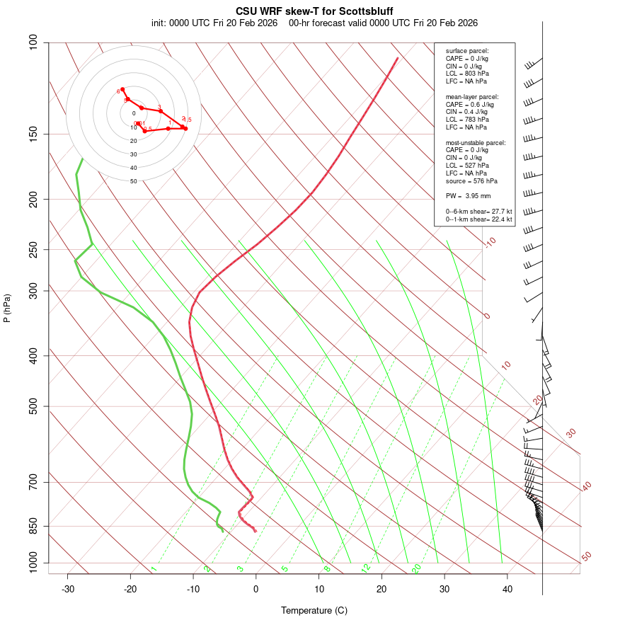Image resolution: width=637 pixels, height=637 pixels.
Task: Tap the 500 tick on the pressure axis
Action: point(33,406)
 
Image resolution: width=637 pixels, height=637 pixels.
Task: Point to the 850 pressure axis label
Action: point(33,526)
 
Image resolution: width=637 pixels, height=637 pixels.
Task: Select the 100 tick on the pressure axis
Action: point(33,42)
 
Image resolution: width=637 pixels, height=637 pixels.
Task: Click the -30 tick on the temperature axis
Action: point(68,589)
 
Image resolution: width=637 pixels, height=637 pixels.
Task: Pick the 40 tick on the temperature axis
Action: point(507,589)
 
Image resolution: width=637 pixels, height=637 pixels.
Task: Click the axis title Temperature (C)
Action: point(314,610)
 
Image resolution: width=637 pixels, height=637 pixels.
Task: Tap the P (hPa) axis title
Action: point(7,308)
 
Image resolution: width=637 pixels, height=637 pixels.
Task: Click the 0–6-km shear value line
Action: point(478,212)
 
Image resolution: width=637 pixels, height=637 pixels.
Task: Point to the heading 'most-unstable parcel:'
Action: point(476,142)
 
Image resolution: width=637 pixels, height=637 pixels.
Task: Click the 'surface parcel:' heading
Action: point(467,51)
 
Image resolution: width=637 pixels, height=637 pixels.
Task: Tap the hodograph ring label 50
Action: point(134,181)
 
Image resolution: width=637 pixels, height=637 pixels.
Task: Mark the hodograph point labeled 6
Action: point(122,89)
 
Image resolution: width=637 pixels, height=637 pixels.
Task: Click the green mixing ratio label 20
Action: point(416,568)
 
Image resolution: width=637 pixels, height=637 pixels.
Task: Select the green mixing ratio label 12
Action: point(366,568)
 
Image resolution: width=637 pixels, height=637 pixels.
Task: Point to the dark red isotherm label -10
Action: point(490,243)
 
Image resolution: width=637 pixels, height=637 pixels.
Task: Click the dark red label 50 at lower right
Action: point(586,557)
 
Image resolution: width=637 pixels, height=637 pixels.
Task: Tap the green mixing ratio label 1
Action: point(154,568)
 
